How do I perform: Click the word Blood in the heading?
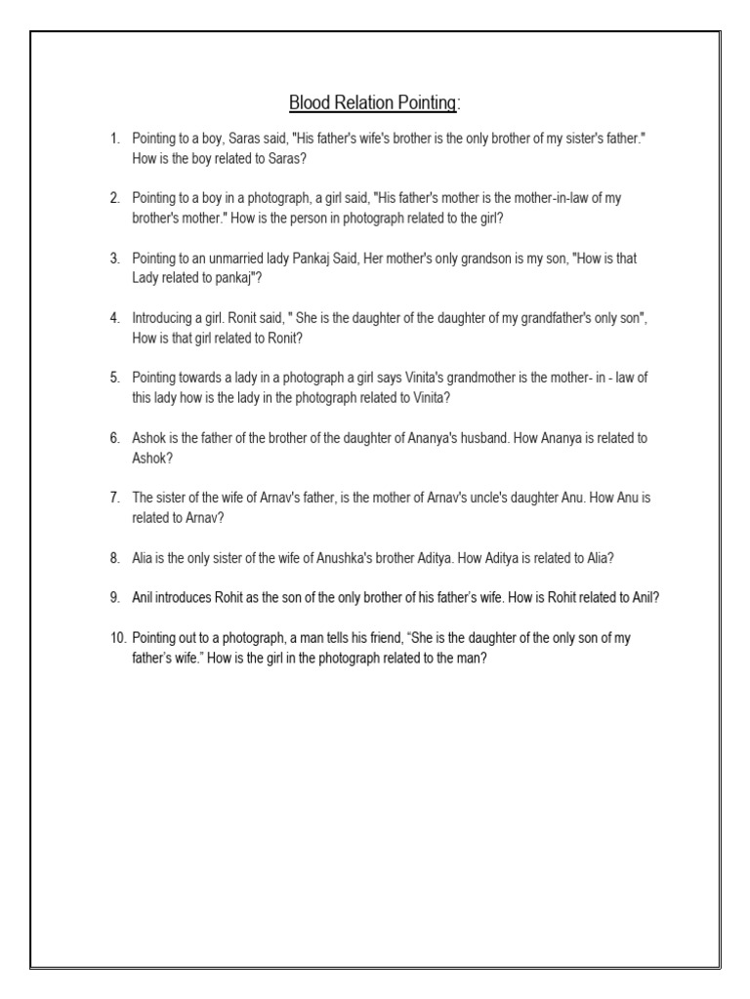(308, 103)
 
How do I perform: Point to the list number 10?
(117, 639)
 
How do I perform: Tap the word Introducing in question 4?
(164, 319)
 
